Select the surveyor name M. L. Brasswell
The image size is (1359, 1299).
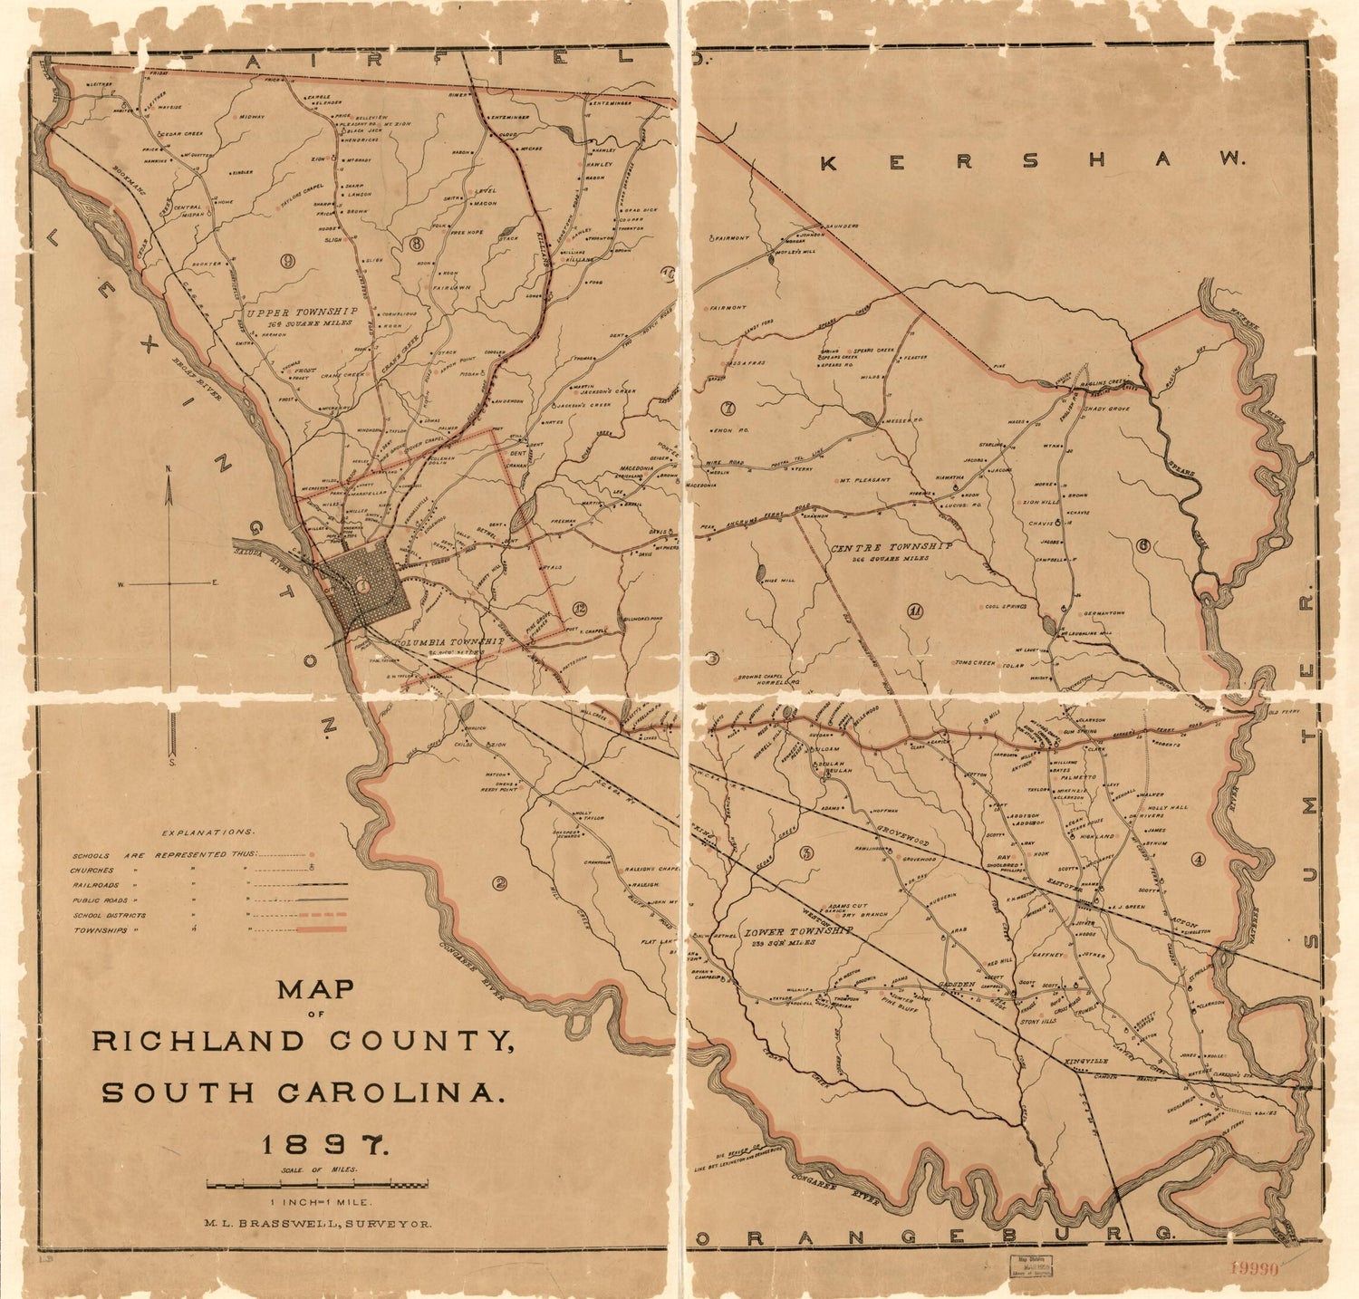[x=317, y=1223]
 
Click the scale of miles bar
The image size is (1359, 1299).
[x=317, y=1184]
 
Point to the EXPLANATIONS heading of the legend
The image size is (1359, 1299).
[x=207, y=832]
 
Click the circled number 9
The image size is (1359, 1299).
[x=287, y=261]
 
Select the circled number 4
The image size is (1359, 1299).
[x=1199, y=859]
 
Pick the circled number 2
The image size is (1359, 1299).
[x=498, y=883]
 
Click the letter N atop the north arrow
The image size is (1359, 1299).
[x=169, y=468]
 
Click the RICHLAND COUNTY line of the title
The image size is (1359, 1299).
[x=304, y=1041]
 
